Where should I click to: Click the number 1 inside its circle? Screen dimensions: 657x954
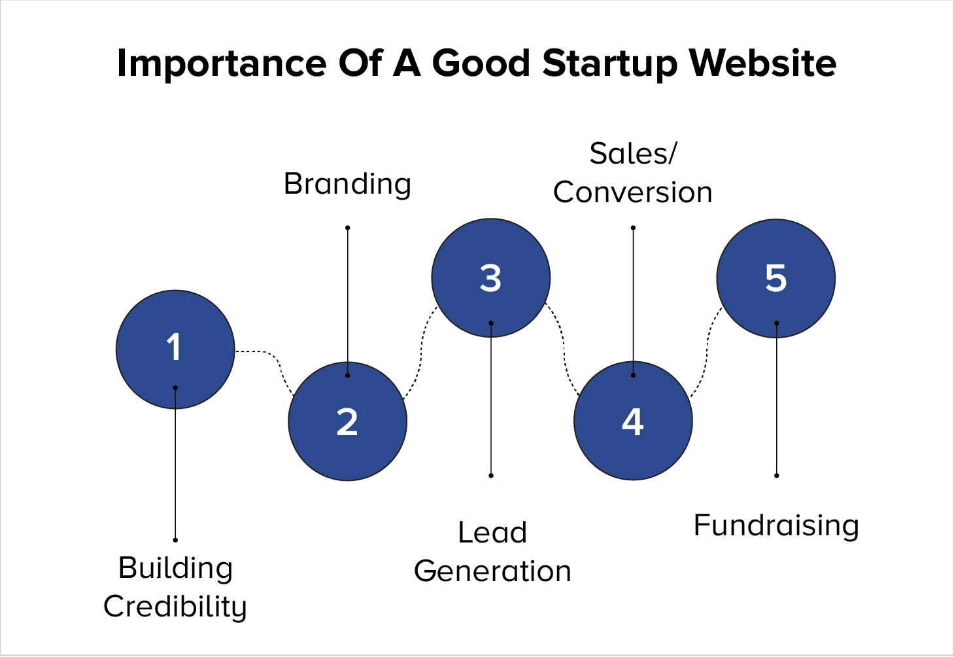[174, 347]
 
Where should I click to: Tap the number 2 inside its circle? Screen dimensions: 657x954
[347, 422]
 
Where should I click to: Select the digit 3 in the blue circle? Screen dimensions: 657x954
[490, 278]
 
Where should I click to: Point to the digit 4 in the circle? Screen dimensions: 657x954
[632, 422]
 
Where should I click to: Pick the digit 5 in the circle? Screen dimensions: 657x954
[775, 278]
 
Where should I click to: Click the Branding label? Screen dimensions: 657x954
[347, 184]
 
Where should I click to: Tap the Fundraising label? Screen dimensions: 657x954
[776, 525]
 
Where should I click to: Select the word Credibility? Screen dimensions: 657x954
[175, 607]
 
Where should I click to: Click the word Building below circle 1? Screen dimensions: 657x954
[175, 568]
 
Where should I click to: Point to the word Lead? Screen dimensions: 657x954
[492, 533]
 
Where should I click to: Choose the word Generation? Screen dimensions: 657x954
[492, 571]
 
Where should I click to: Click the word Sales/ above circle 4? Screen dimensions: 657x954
[633, 154]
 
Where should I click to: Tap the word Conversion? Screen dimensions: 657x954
[632, 192]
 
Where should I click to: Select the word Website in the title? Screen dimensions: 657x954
[762, 63]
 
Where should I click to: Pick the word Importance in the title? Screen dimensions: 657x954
[222, 63]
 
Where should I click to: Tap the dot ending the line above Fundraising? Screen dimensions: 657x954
[776, 476]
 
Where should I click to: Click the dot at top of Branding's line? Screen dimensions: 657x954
[347, 228]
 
